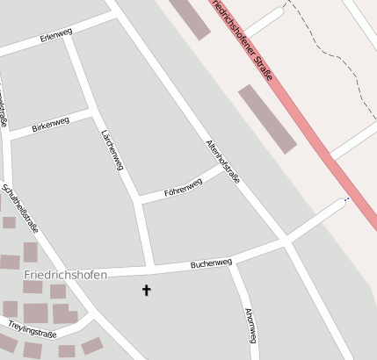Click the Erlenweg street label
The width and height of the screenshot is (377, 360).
tap(56, 37)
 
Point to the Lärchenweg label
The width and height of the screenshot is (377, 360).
tap(111, 150)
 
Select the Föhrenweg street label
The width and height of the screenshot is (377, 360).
tap(183, 187)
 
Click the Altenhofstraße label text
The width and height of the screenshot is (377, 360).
tap(222, 161)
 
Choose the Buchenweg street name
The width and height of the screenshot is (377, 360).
tap(211, 263)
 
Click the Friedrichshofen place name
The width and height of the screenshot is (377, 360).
tap(65, 275)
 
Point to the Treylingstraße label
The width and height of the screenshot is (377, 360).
tap(33, 329)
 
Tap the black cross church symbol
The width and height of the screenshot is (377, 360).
tap(147, 289)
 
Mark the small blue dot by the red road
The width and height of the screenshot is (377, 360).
tap(345, 199)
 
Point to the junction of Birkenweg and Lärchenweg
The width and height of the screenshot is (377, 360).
tap(91, 112)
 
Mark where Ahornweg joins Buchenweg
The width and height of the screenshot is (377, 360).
tap(232, 261)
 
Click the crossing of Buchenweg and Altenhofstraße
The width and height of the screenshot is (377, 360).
tap(285, 239)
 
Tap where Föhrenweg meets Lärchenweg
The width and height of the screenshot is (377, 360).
tap(138, 201)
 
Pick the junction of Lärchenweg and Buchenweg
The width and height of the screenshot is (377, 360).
tap(152, 266)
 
